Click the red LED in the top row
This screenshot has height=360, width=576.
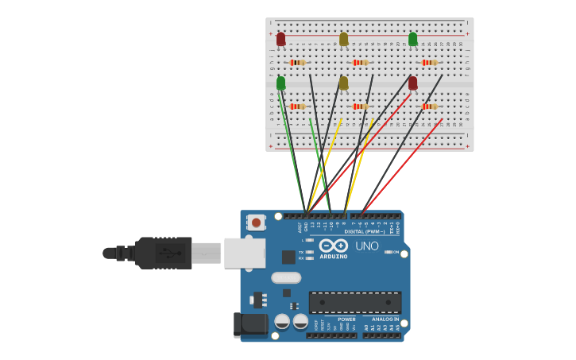point(280,39)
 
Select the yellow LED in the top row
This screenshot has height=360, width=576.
point(343,39)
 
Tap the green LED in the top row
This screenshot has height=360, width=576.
point(412,39)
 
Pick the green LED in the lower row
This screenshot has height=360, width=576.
point(280,83)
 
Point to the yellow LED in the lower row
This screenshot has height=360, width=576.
point(343,83)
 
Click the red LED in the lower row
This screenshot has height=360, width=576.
point(412,83)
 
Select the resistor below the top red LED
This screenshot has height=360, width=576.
point(297,62)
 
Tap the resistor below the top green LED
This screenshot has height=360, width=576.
point(429,62)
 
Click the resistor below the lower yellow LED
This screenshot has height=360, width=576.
point(360,106)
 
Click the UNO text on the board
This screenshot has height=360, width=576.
point(366,246)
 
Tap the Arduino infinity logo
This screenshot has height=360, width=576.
point(334,246)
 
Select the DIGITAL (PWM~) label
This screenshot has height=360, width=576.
point(364,231)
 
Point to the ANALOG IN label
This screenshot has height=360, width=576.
point(385,319)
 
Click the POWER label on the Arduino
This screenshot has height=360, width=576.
point(346,319)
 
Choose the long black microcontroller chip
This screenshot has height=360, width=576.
point(354,302)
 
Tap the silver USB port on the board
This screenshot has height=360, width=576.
point(245,253)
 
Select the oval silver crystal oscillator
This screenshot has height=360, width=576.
point(286,277)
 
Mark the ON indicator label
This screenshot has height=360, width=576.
point(394,252)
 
